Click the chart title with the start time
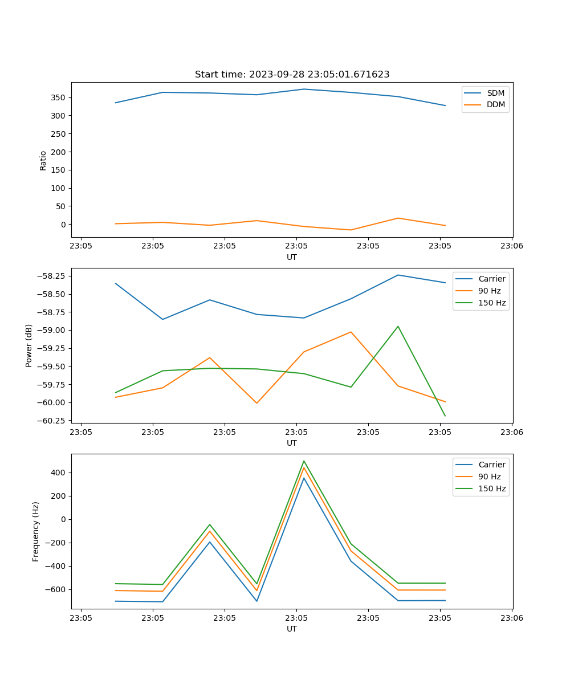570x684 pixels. click(292, 75)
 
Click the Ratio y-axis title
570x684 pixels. click(43, 160)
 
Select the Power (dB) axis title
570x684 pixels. click(29, 345)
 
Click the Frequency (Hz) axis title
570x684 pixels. click(36, 531)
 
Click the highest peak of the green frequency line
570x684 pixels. click(304, 461)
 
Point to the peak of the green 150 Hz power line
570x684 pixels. click(398, 327)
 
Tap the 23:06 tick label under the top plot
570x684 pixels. click(511, 246)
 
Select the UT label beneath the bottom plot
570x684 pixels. click(292, 629)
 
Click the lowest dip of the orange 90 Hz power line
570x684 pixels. click(256, 403)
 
